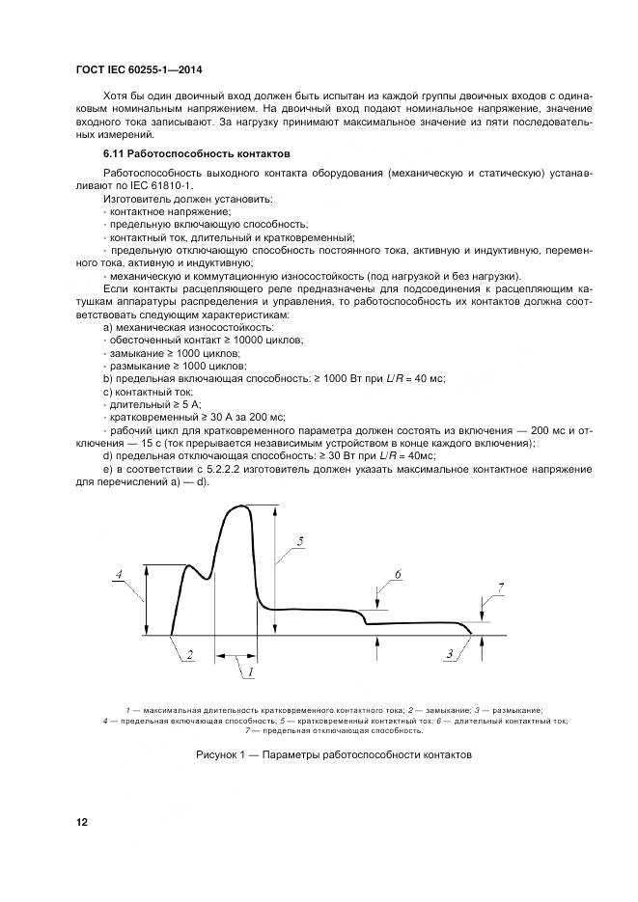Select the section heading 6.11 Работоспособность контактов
(x=182, y=154)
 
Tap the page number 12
(x=82, y=822)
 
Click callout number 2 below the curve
(x=190, y=655)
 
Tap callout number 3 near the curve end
(x=450, y=655)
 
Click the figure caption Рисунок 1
(x=333, y=754)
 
